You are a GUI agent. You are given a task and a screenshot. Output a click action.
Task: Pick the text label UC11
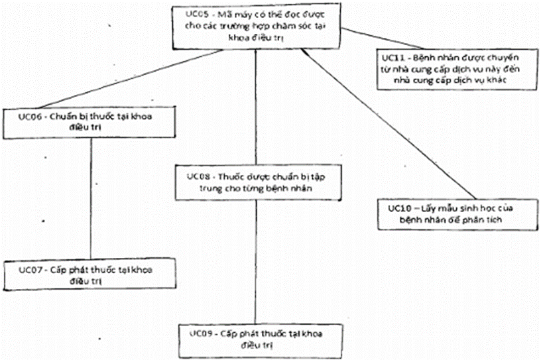(391, 56)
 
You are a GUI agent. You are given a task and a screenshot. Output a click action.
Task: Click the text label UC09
(199, 333)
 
